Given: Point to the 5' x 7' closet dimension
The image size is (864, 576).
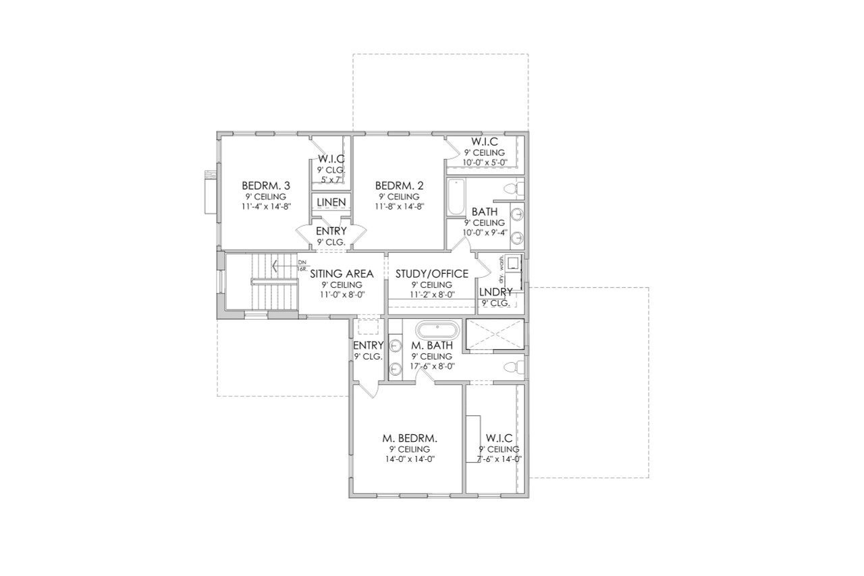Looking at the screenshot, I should coord(331,179).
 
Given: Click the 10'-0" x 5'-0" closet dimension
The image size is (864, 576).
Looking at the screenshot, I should coord(484,163).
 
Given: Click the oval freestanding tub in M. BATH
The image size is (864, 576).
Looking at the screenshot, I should coord(437,331).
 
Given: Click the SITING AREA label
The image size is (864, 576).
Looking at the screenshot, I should coord(342,274).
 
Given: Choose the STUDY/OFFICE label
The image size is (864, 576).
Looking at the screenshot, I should coord(432,274).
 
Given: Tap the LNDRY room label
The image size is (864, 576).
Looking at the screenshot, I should coord(495,291).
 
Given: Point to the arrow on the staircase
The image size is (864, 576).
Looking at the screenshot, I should coord(275,266).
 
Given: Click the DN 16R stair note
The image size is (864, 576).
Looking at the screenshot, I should coord(302,265).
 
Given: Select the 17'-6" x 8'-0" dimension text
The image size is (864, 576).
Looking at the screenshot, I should coord(432,366).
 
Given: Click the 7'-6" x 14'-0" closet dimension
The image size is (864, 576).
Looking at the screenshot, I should coord(499,459).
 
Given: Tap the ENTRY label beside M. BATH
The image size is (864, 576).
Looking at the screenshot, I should coord(368,345).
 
